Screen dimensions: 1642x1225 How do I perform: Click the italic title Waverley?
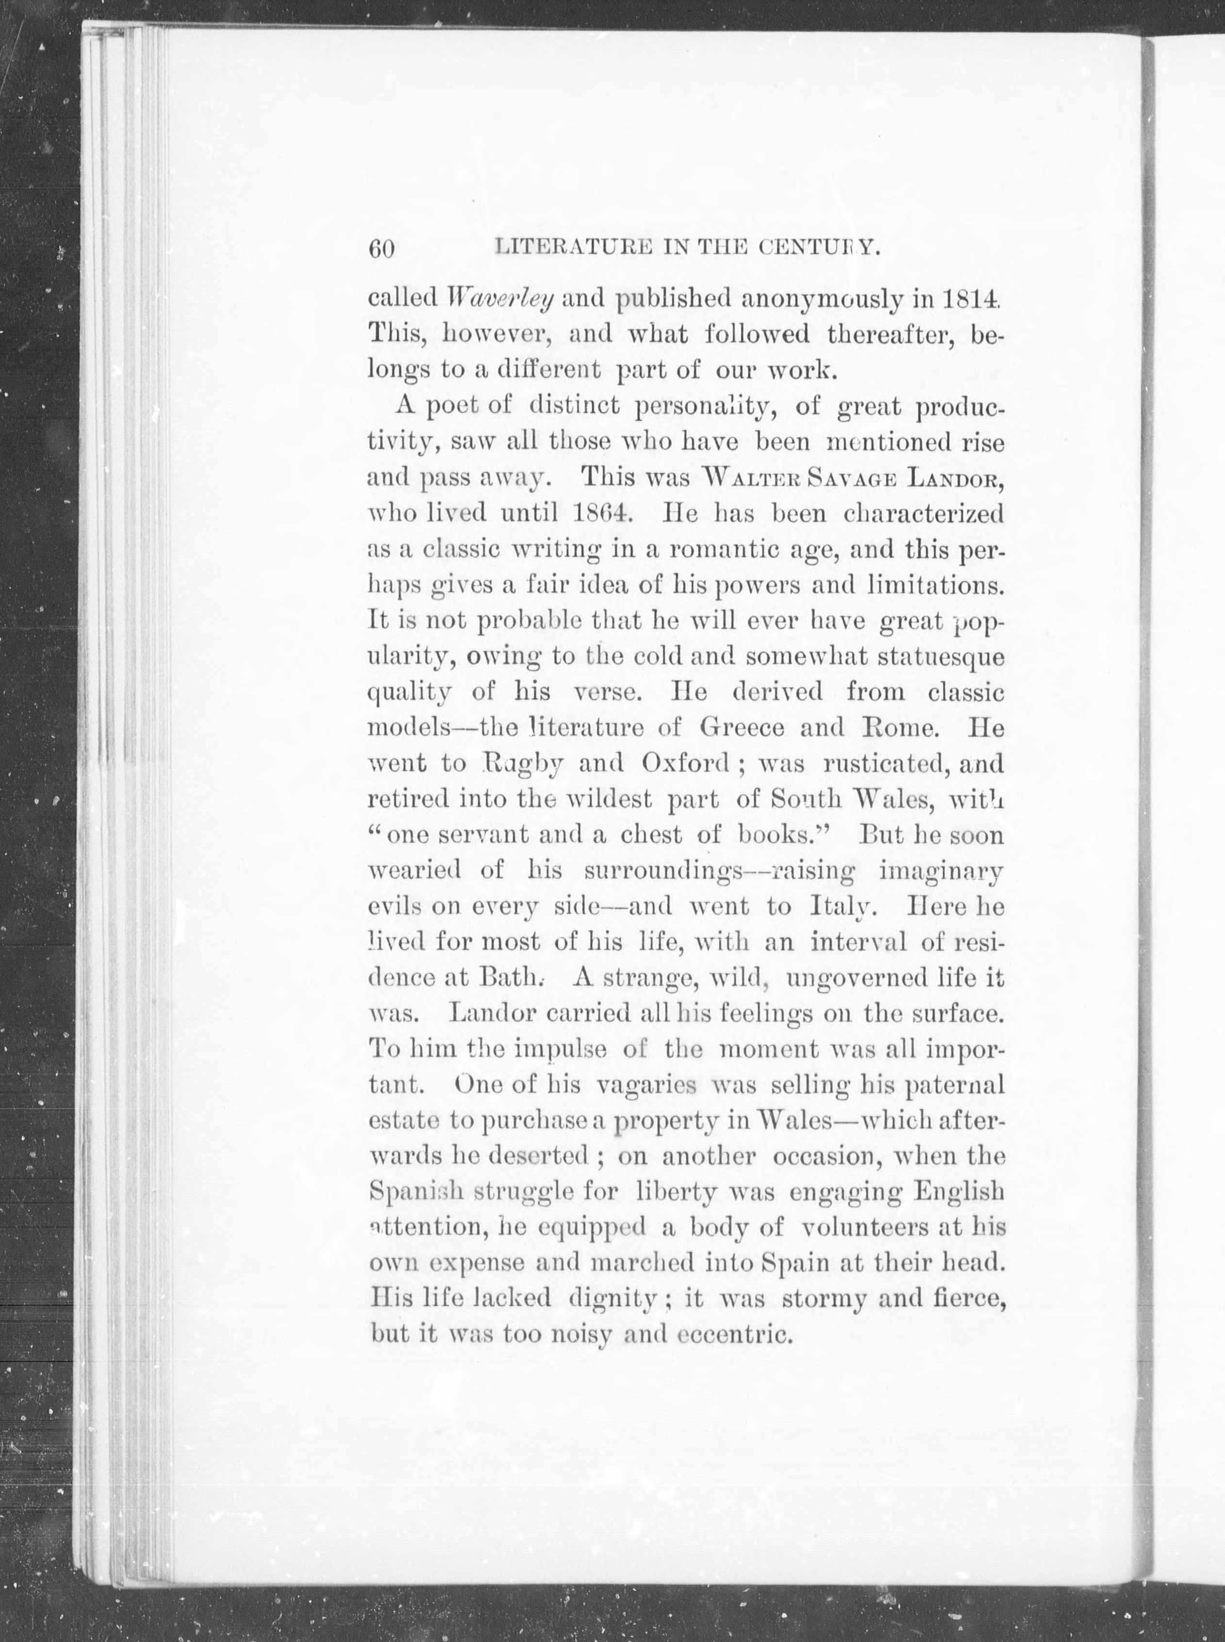pos(500,299)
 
